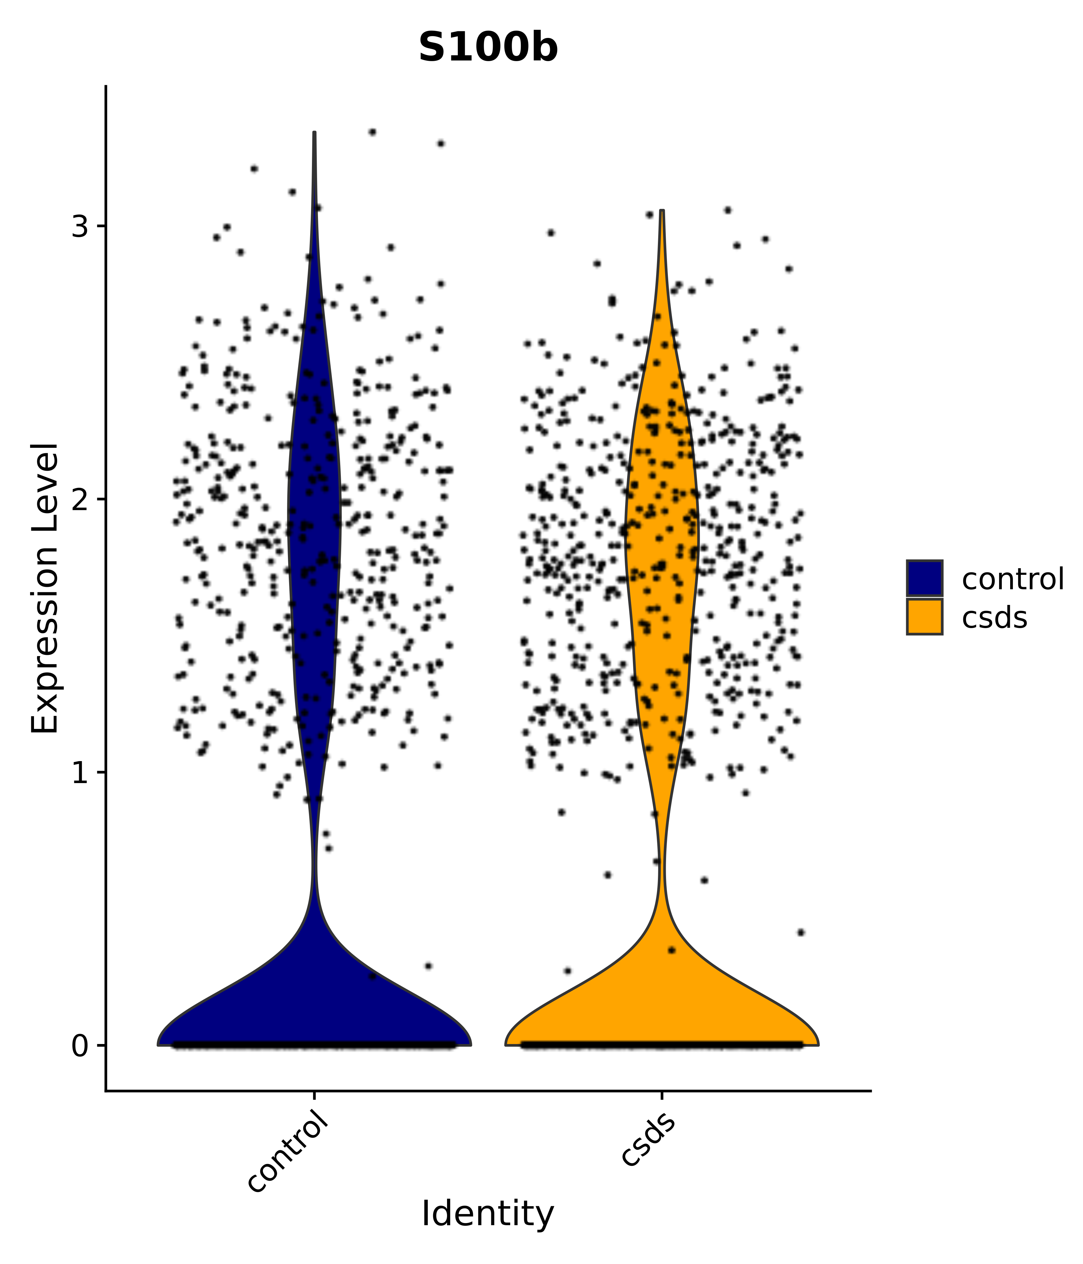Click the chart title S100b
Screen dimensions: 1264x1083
(x=488, y=48)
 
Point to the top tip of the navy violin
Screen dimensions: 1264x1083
(x=314, y=133)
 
